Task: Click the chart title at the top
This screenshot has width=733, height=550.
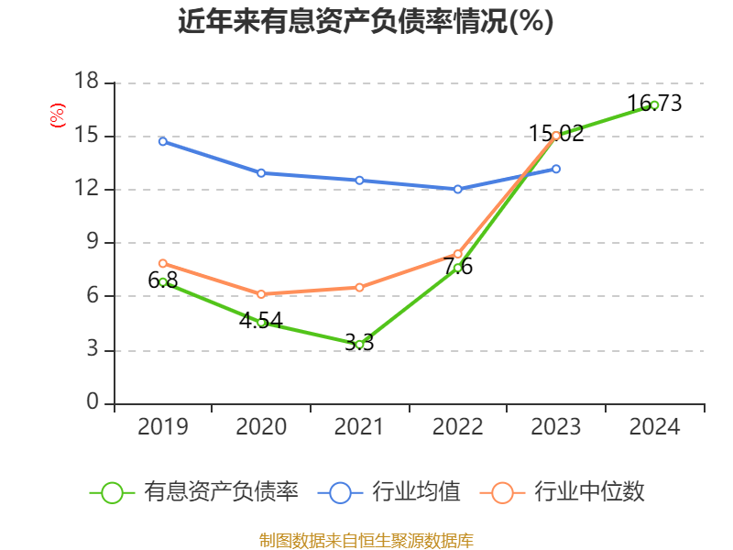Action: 366,21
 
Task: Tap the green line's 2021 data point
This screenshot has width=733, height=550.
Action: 359,345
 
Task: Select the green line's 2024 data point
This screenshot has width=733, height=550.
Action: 654,104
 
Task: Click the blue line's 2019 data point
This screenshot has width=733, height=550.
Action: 162,141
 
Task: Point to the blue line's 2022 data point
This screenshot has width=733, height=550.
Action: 457,189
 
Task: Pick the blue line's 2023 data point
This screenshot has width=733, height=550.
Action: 556,169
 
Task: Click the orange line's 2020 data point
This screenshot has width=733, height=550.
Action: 261,294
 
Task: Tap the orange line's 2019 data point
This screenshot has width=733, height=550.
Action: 162,263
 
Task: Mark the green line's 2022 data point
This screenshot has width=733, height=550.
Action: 457,268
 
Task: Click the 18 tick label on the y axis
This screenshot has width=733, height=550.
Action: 86,82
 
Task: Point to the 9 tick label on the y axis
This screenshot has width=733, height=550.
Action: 93,243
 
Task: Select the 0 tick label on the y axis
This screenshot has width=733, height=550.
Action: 93,403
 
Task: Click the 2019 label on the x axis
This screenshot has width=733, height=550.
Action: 162,427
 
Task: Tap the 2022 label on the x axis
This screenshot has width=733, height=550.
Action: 457,427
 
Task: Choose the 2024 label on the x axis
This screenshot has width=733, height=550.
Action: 654,427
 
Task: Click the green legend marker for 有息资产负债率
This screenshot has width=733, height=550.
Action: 112,492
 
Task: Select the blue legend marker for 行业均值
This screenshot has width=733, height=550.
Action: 340,492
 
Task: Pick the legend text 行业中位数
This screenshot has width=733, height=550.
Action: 589,492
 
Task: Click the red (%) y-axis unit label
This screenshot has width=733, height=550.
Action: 57,115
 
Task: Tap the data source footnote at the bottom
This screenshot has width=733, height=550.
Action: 366,540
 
